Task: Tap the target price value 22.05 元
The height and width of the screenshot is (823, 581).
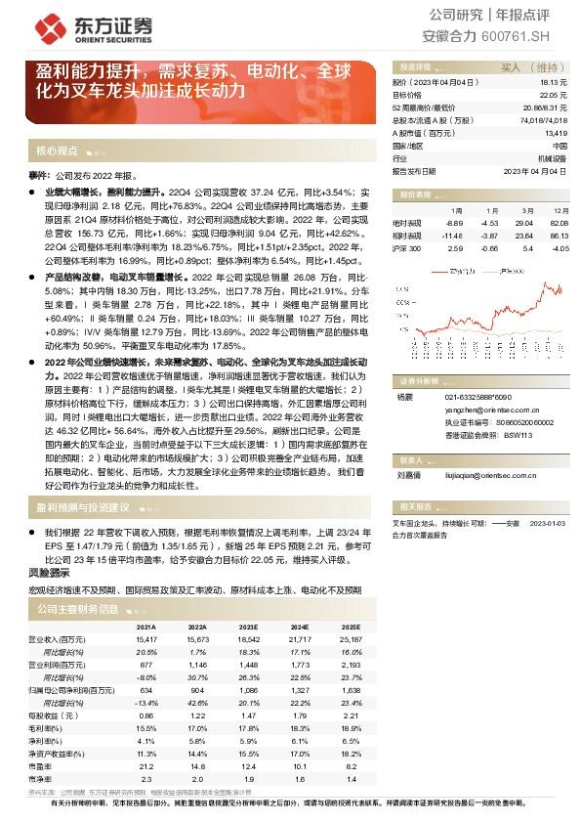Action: tap(553, 95)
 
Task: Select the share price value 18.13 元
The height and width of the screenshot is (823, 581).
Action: tap(553, 83)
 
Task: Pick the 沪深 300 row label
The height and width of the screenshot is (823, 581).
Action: tap(406, 247)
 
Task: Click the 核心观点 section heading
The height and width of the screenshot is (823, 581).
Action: tap(57, 152)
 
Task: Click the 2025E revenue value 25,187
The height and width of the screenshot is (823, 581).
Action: tap(353, 638)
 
